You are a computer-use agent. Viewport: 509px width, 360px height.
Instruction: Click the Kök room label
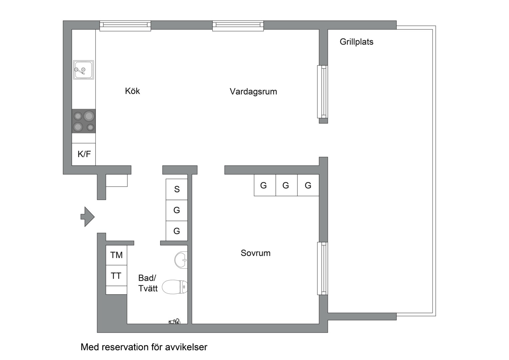(132, 91)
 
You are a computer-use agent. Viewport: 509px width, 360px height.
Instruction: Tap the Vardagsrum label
(253, 92)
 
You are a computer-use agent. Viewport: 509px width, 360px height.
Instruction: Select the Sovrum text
(255, 253)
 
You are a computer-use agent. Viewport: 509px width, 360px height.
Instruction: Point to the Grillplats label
(356, 42)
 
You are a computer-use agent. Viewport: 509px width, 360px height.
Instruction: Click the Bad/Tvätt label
(147, 283)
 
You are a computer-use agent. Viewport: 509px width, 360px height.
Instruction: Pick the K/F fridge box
(84, 154)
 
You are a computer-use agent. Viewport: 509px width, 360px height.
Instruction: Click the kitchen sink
(84, 70)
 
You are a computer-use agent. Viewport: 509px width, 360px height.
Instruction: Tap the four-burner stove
(84, 121)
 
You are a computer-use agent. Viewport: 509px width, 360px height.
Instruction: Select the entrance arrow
(88, 217)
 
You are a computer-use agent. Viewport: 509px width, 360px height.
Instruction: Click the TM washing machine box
(116, 255)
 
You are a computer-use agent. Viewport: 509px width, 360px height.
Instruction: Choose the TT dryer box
(116, 276)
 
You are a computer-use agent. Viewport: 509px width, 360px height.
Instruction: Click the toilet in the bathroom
(175, 287)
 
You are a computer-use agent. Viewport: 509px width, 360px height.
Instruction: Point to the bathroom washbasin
(181, 260)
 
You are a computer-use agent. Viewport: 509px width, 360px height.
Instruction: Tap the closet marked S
(177, 189)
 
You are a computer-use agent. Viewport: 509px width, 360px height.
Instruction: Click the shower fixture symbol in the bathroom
(175, 321)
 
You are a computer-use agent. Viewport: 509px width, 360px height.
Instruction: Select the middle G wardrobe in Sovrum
(286, 185)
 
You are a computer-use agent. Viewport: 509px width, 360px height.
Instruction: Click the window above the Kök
(125, 26)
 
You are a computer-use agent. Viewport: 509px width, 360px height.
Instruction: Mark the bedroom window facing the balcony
(322, 268)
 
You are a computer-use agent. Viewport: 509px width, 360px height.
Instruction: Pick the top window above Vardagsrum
(238, 26)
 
